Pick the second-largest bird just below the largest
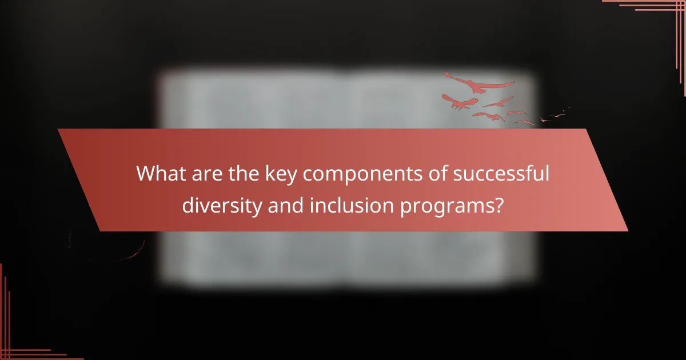pos(461,103)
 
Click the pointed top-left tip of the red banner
pos(58,130)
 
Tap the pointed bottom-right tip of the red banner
pos(627,230)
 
